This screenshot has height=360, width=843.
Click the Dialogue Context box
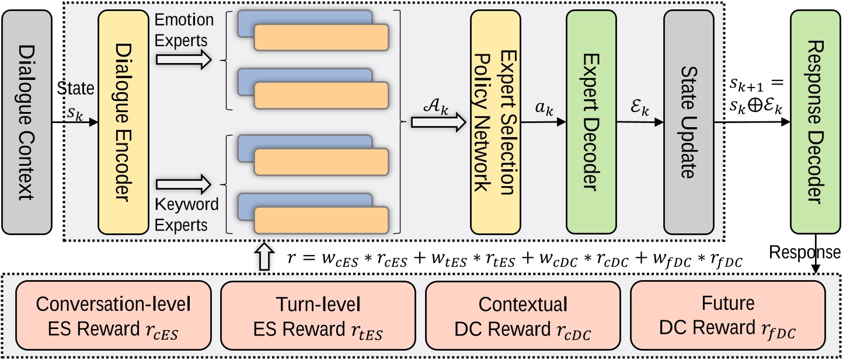tap(27, 121)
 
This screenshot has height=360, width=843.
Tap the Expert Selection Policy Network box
tap(495, 121)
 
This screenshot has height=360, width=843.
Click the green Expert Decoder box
tap(591, 121)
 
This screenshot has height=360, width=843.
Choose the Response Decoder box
tap(815, 121)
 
